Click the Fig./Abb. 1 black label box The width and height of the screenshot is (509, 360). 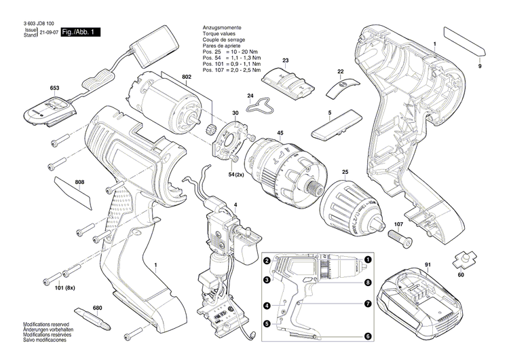click(x=80, y=33)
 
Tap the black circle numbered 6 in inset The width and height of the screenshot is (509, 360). click(x=367, y=336)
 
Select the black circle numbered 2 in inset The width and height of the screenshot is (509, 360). click(x=267, y=262)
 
